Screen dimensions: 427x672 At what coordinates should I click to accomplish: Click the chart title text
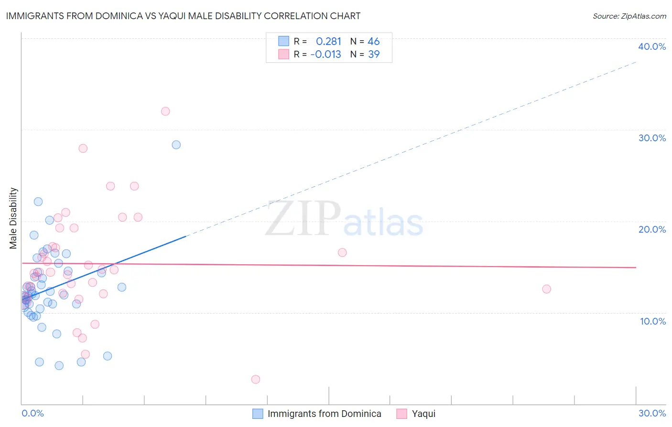pos(183,16)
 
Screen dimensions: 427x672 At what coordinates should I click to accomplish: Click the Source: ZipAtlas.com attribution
pos(629,16)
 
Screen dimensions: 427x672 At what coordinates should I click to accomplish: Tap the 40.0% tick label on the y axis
pos(652,46)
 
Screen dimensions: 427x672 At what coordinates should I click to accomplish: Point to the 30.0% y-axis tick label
pos(652,138)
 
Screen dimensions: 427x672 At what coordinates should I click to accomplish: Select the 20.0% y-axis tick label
pos(652,229)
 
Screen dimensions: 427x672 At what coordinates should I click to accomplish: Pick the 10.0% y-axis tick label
pos(653,321)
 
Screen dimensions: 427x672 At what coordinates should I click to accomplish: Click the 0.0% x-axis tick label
pos(33,413)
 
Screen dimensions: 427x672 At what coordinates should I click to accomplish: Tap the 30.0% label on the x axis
pos(652,413)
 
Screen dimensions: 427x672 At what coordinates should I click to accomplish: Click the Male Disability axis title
pos(13,218)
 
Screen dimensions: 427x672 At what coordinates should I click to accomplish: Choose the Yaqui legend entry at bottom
pos(423,414)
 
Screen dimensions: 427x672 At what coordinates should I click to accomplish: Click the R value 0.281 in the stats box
pos(328,42)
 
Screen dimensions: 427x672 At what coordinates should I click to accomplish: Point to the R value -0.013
pos(325,55)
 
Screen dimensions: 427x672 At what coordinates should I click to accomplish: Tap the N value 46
pos(373,42)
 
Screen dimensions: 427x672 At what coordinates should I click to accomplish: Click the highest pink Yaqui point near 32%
pos(165,111)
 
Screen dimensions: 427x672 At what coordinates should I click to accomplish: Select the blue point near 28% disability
pos(176,145)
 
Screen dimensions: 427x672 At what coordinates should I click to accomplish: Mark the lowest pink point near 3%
pos(256,379)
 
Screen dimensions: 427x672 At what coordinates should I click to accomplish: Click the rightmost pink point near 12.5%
pos(546,289)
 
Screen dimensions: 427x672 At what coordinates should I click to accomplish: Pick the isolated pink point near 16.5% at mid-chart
pos(342,252)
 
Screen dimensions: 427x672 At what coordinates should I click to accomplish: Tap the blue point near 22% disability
pos(38,202)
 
